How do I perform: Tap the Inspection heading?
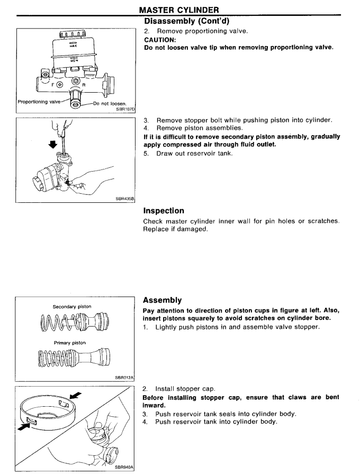165,211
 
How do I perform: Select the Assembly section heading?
163,300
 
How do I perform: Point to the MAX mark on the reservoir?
73,46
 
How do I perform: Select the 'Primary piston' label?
72,342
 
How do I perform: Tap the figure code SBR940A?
125,468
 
